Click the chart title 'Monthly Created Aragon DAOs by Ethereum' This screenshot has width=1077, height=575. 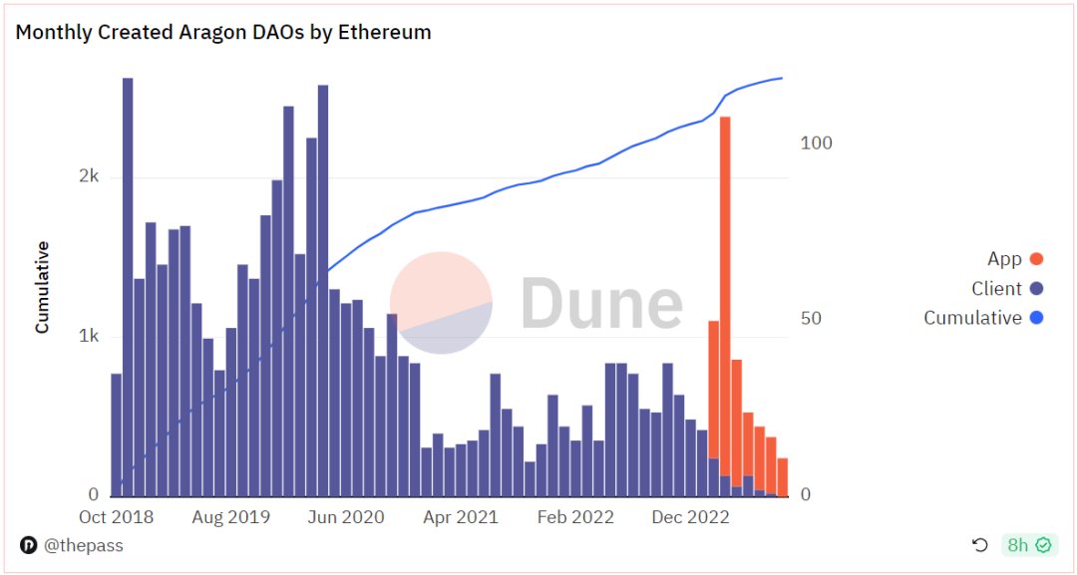coord(223,32)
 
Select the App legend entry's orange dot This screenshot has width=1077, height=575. coord(1036,259)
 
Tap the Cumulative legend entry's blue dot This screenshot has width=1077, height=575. coord(1036,318)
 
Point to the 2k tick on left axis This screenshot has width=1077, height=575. coord(89,176)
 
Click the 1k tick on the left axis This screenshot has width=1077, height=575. coord(89,336)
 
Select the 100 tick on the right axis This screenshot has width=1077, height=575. coord(816,143)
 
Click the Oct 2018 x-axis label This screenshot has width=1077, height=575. coord(116,517)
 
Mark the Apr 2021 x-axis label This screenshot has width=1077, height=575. coord(460,517)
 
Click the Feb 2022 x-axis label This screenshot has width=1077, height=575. coord(575,517)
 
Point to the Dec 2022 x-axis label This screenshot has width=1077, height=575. coord(691,517)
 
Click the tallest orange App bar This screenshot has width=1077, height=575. coord(725,299)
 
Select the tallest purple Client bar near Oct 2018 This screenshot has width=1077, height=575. coord(128,289)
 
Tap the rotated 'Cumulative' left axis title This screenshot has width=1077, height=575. coord(43,286)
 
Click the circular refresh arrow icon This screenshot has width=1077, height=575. coord(980,545)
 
